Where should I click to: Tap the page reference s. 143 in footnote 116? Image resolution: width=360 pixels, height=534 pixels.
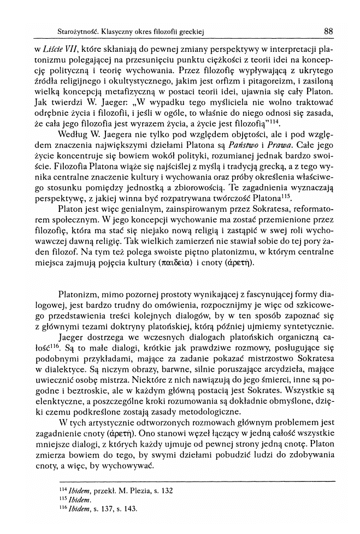pos(127,509)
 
